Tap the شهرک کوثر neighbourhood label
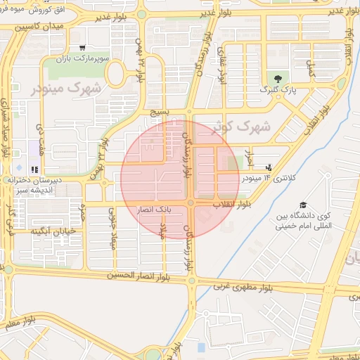245,127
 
